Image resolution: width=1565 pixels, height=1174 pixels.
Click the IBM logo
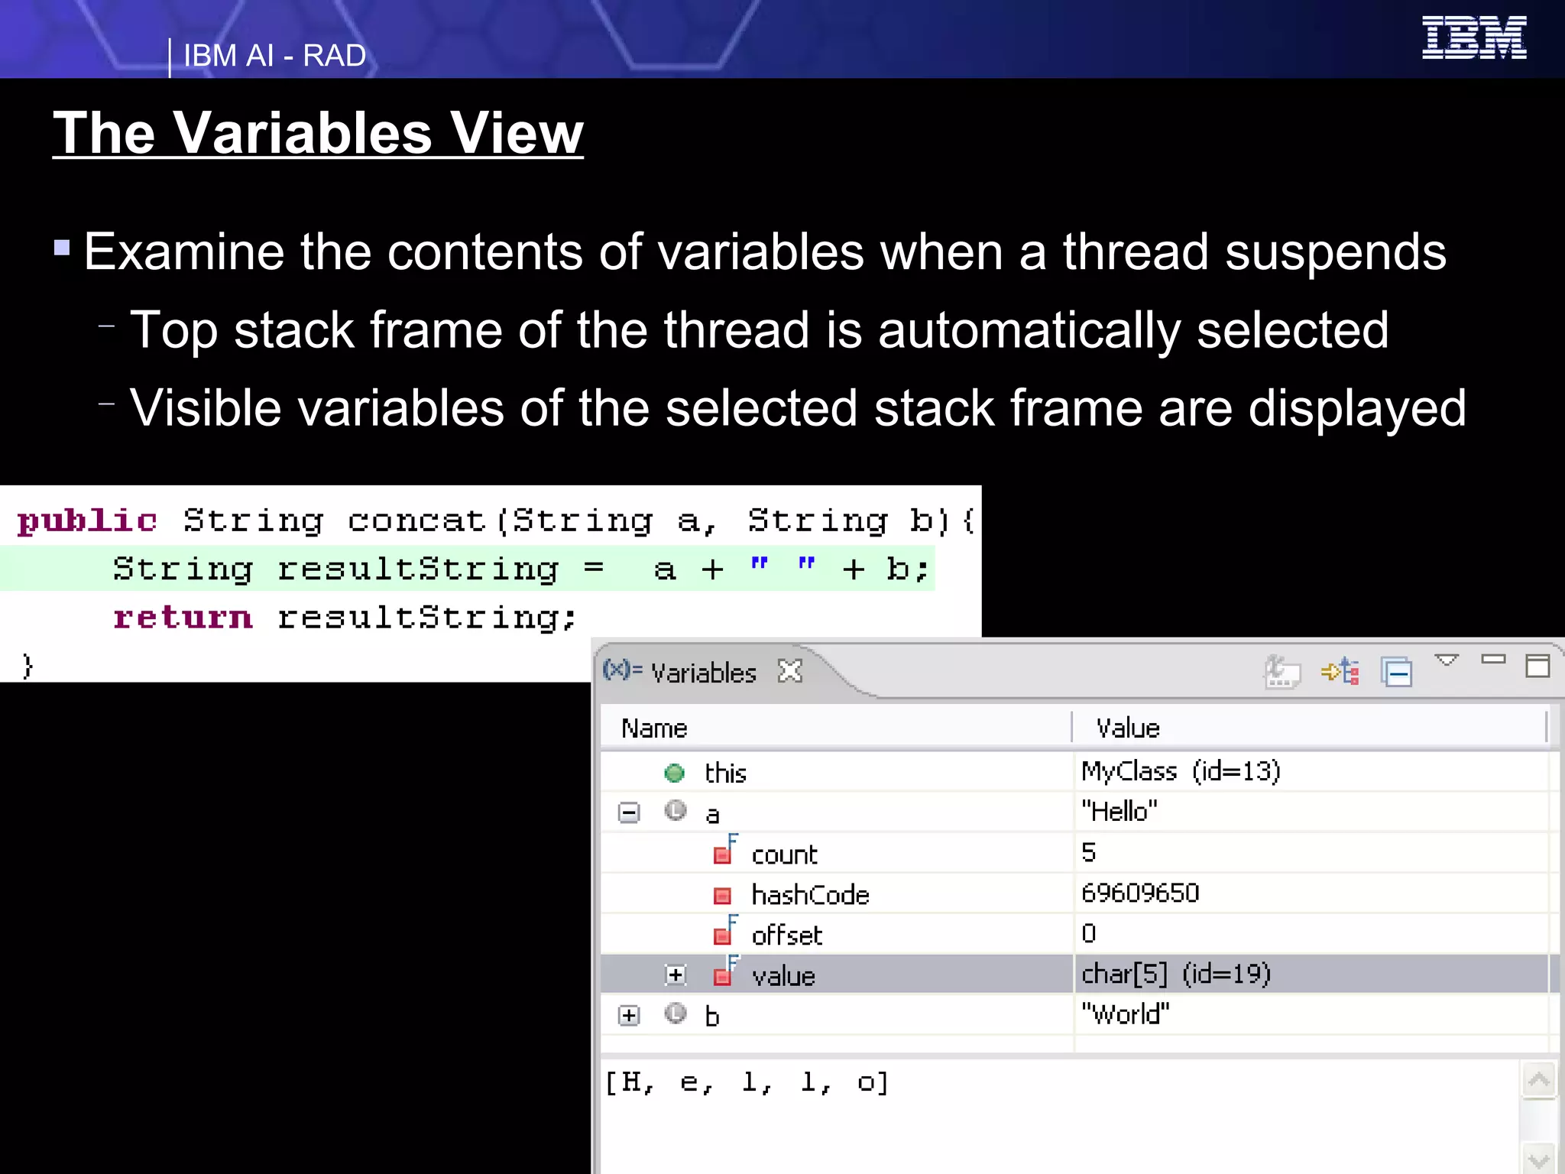(1473, 37)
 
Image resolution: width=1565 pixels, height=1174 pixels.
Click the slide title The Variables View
(318, 133)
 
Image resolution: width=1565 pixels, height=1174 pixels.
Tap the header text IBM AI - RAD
(274, 56)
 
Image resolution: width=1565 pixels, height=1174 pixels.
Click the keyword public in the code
(87, 521)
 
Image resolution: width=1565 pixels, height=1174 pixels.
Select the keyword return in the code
(183, 618)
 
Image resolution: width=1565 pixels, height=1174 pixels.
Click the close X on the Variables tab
(790, 671)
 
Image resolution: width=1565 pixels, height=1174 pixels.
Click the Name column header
(654, 728)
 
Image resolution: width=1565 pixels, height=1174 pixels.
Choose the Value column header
(1128, 728)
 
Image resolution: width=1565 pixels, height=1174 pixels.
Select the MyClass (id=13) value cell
(1181, 771)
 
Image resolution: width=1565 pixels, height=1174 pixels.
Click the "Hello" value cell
(1119, 811)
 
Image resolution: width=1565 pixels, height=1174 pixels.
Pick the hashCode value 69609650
(1140, 893)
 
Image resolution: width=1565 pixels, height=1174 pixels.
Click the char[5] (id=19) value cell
(1176, 974)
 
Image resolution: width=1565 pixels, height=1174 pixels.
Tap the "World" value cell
(1125, 1014)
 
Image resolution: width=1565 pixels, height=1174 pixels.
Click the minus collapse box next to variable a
(629, 812)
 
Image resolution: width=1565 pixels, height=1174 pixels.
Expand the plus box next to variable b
(629, 1015)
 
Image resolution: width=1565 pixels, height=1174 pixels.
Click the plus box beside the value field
(676, 975)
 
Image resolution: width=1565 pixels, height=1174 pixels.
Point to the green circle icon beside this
(674, 773)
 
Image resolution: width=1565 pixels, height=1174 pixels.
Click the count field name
(784, 855)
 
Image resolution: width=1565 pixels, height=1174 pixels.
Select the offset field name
(786, 936)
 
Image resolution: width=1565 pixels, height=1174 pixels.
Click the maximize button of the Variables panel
(1537, 666)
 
